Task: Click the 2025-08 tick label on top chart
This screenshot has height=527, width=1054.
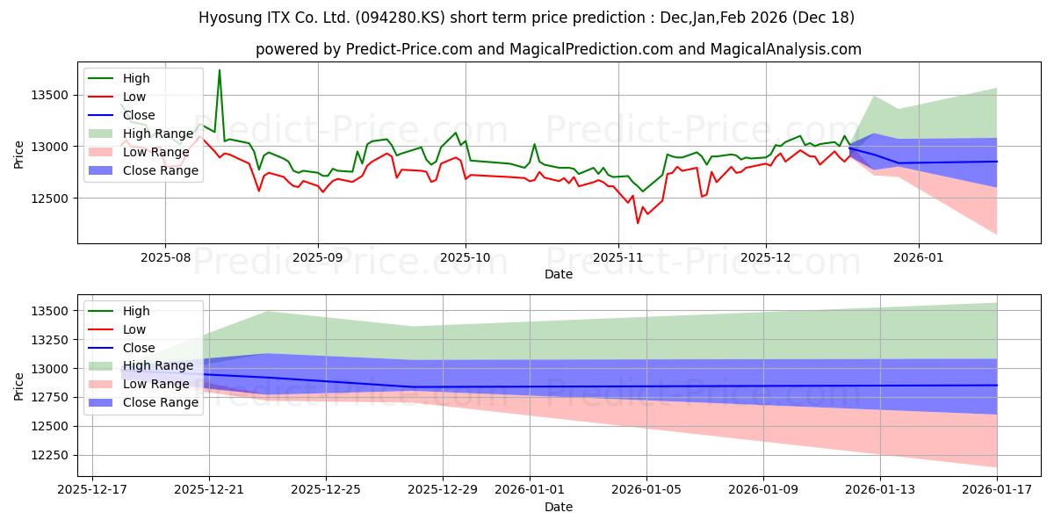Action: (165, 256)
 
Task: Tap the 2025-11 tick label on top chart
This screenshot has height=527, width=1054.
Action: (618, 256)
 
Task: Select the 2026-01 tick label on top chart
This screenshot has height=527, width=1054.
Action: (919, 256)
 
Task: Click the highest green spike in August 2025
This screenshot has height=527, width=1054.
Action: (219, 69)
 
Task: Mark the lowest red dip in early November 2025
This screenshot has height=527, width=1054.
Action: (638, 223)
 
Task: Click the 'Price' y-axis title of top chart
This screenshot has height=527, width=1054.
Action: (19, 155)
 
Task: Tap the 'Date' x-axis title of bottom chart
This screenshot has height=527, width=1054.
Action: (558, 507)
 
